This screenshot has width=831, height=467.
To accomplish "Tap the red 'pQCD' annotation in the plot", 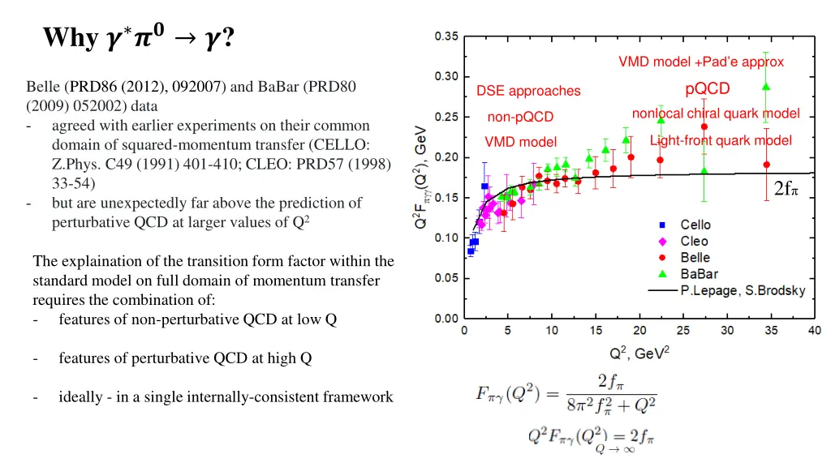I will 708,88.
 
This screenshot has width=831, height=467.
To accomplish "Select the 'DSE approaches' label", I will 528,91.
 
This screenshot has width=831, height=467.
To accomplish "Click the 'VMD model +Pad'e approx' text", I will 701,62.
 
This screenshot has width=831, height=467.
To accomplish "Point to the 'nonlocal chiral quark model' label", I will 716,114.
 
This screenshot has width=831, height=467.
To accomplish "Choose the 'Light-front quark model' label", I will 721,140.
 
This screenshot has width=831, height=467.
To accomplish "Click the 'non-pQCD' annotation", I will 520,118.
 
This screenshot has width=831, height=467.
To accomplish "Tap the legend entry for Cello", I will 695,225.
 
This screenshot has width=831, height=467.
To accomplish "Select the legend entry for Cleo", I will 694,241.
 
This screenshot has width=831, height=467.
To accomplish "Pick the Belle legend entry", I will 695,258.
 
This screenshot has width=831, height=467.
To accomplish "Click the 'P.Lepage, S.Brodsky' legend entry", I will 742,290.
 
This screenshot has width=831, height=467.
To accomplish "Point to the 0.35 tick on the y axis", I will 445,36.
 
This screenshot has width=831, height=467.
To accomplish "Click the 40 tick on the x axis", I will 814,331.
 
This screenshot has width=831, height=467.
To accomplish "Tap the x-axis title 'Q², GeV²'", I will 639,353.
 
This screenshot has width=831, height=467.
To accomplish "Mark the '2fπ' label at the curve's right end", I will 786,189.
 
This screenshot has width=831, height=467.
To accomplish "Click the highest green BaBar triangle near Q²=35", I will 766,87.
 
